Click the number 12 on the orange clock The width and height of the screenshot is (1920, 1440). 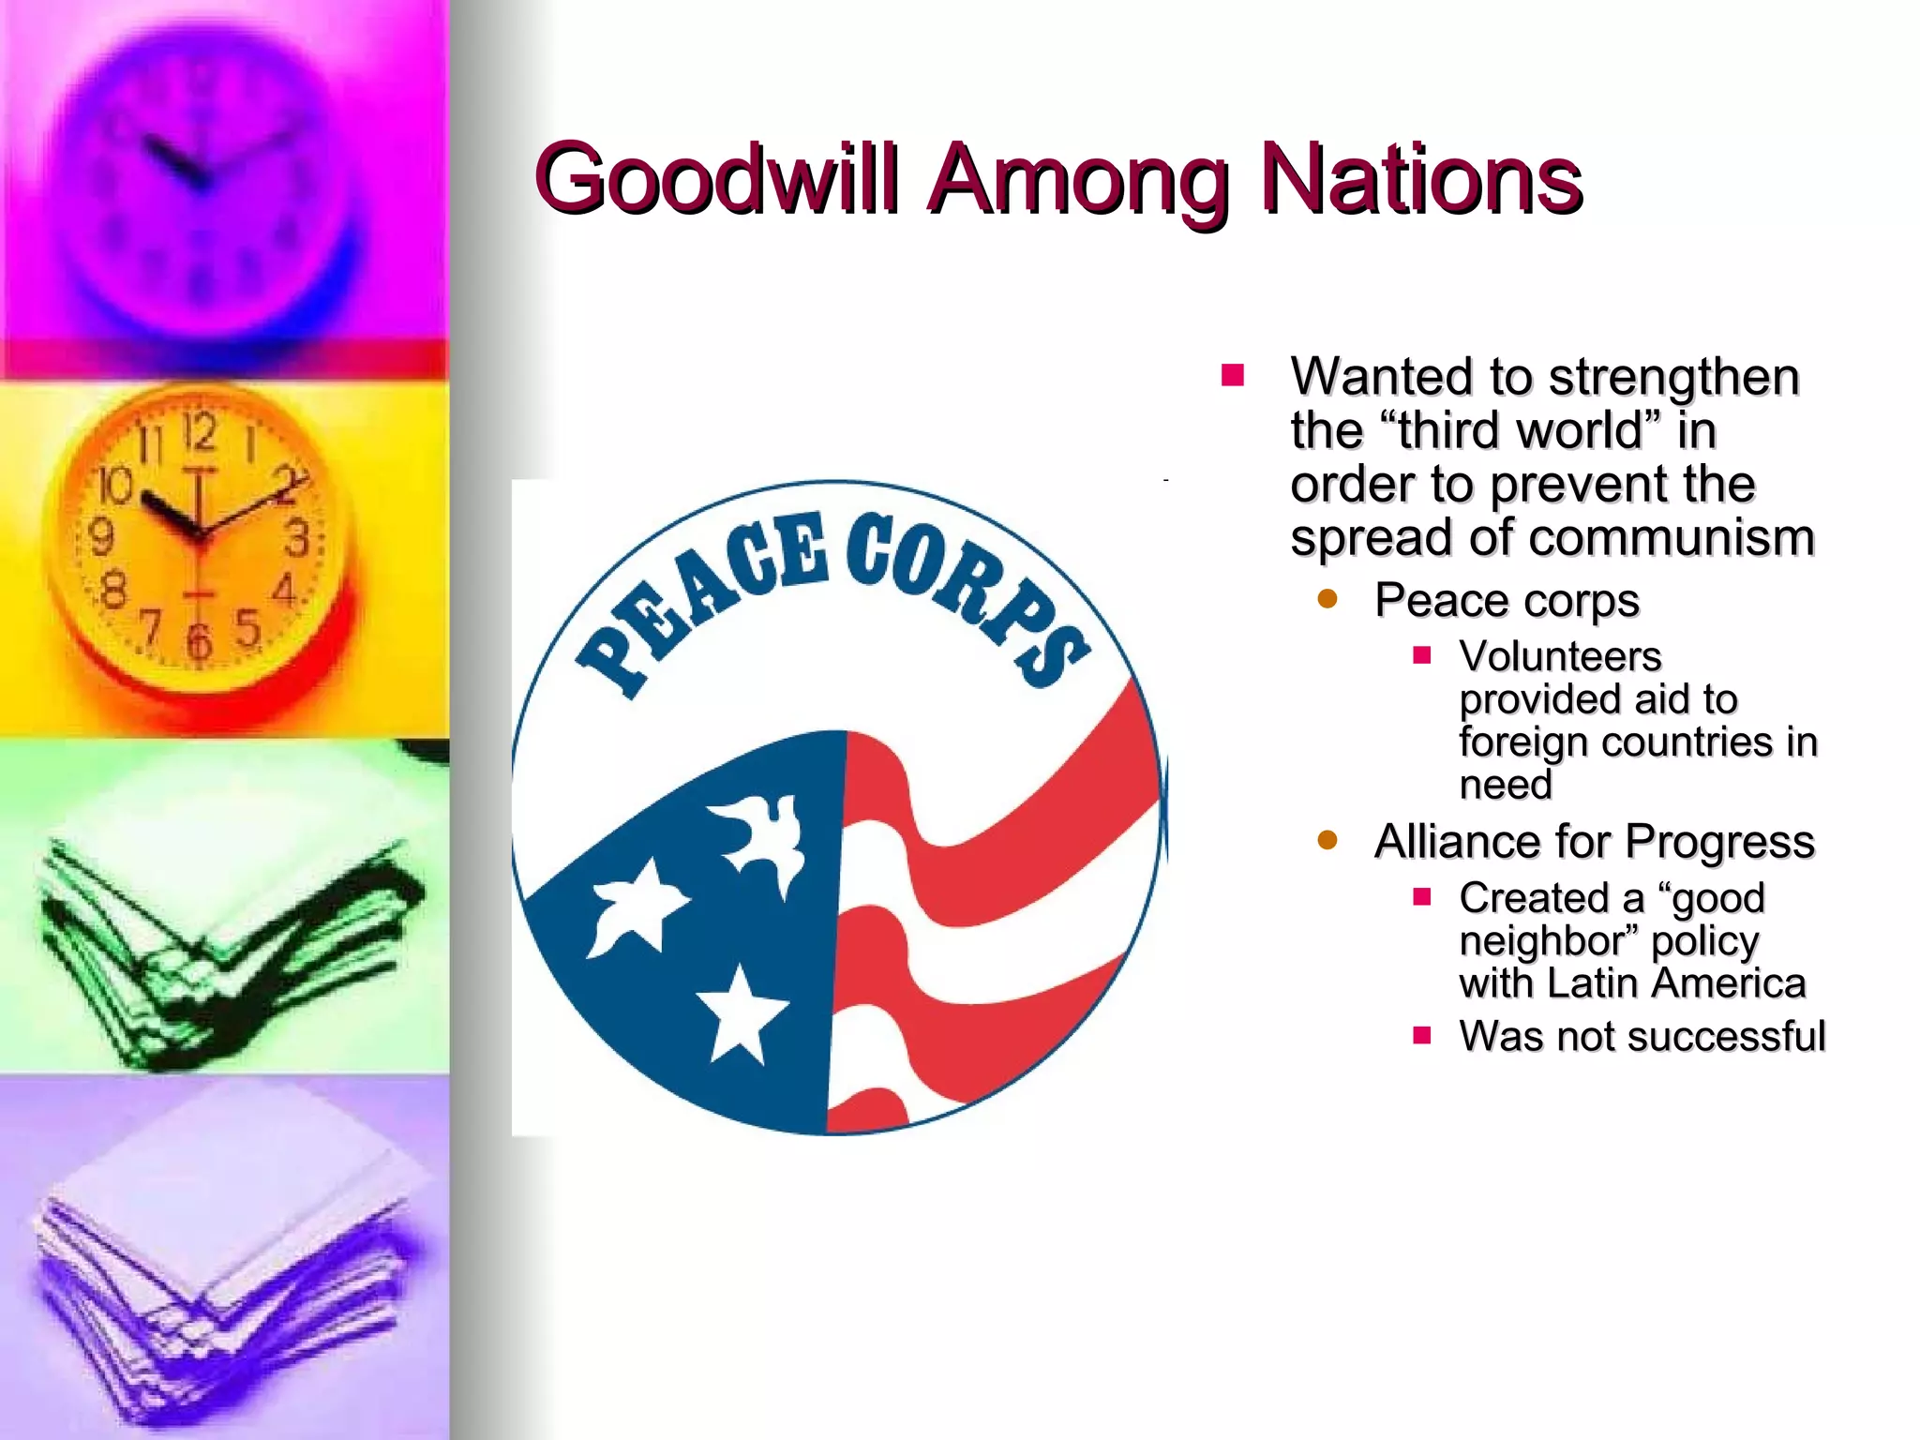click(x=199, y=432)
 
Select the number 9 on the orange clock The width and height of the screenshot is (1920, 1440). click(x=100, y=537)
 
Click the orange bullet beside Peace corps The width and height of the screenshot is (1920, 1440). click(x=1327, y=598)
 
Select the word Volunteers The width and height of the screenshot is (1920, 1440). click(x=1560, y=656)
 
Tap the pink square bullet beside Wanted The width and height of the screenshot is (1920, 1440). click(x=1232, y=376)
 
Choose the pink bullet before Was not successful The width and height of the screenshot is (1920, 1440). click(x=1422, y=1036)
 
